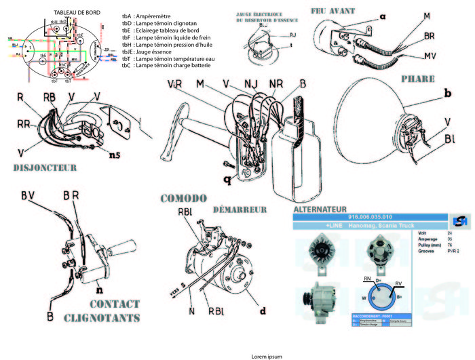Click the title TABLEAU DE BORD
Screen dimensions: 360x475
(77, 12)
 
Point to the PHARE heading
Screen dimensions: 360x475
(418, 79)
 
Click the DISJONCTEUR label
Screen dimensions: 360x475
(45, 167)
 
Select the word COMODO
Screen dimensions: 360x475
(183, 199)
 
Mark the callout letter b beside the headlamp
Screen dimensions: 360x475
(447, 92)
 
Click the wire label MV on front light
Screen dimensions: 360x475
(429, 55)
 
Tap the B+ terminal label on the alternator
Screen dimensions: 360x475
(400, 296)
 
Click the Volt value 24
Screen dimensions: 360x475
(450, 233)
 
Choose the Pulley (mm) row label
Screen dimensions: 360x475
(429, 245)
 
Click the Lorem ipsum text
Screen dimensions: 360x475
(267, 355)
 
